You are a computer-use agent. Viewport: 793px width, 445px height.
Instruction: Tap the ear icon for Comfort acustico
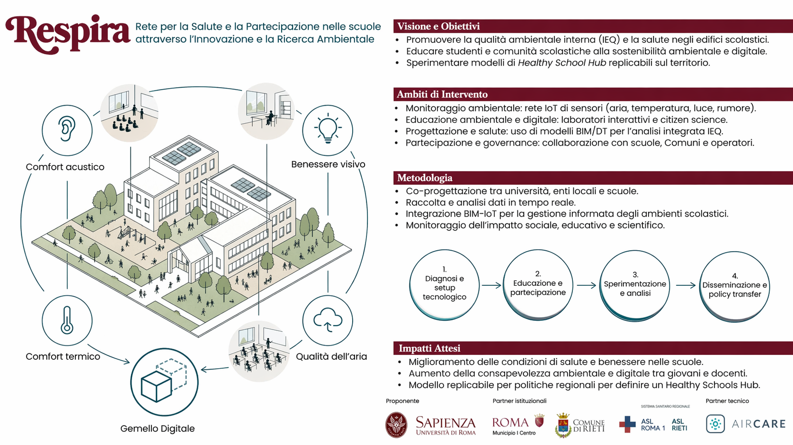tap(67, 129)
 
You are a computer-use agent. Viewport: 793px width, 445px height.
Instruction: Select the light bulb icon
tap(328, 128)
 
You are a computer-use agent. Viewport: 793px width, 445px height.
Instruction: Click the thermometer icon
tap(67, 321)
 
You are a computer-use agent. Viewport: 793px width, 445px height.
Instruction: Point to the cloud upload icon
tap(328, 319)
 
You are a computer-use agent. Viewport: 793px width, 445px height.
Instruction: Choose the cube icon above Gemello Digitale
tap(164, 381)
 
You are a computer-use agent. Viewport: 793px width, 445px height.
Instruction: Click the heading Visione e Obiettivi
tap(438, 26)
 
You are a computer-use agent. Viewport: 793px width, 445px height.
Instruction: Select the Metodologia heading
tap(425, 178)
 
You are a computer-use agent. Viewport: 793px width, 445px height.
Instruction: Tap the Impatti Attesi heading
tap(429, 348)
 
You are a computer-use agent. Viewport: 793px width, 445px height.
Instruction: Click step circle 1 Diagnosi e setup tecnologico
tap(444, 285)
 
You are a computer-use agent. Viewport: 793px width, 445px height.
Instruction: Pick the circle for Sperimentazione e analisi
tap(635, 286)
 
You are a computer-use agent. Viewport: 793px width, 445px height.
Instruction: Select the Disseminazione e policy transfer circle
tap(735, 287)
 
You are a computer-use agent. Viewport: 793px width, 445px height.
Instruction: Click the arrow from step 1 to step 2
tap(491, 285)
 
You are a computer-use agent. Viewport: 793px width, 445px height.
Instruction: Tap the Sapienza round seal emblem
tap(396, 425)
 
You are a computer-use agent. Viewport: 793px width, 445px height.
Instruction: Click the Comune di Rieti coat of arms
tap(563, 425)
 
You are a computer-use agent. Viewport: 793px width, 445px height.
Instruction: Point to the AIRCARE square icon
tap(715, 424)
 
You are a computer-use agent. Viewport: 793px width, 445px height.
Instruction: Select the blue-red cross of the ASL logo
tap(627, 424)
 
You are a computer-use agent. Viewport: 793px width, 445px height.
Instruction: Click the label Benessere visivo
tap(328, 164)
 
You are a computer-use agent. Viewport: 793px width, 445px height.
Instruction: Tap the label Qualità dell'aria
tap(331, 356)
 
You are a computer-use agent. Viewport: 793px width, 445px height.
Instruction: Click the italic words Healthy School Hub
tap(562, 63)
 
